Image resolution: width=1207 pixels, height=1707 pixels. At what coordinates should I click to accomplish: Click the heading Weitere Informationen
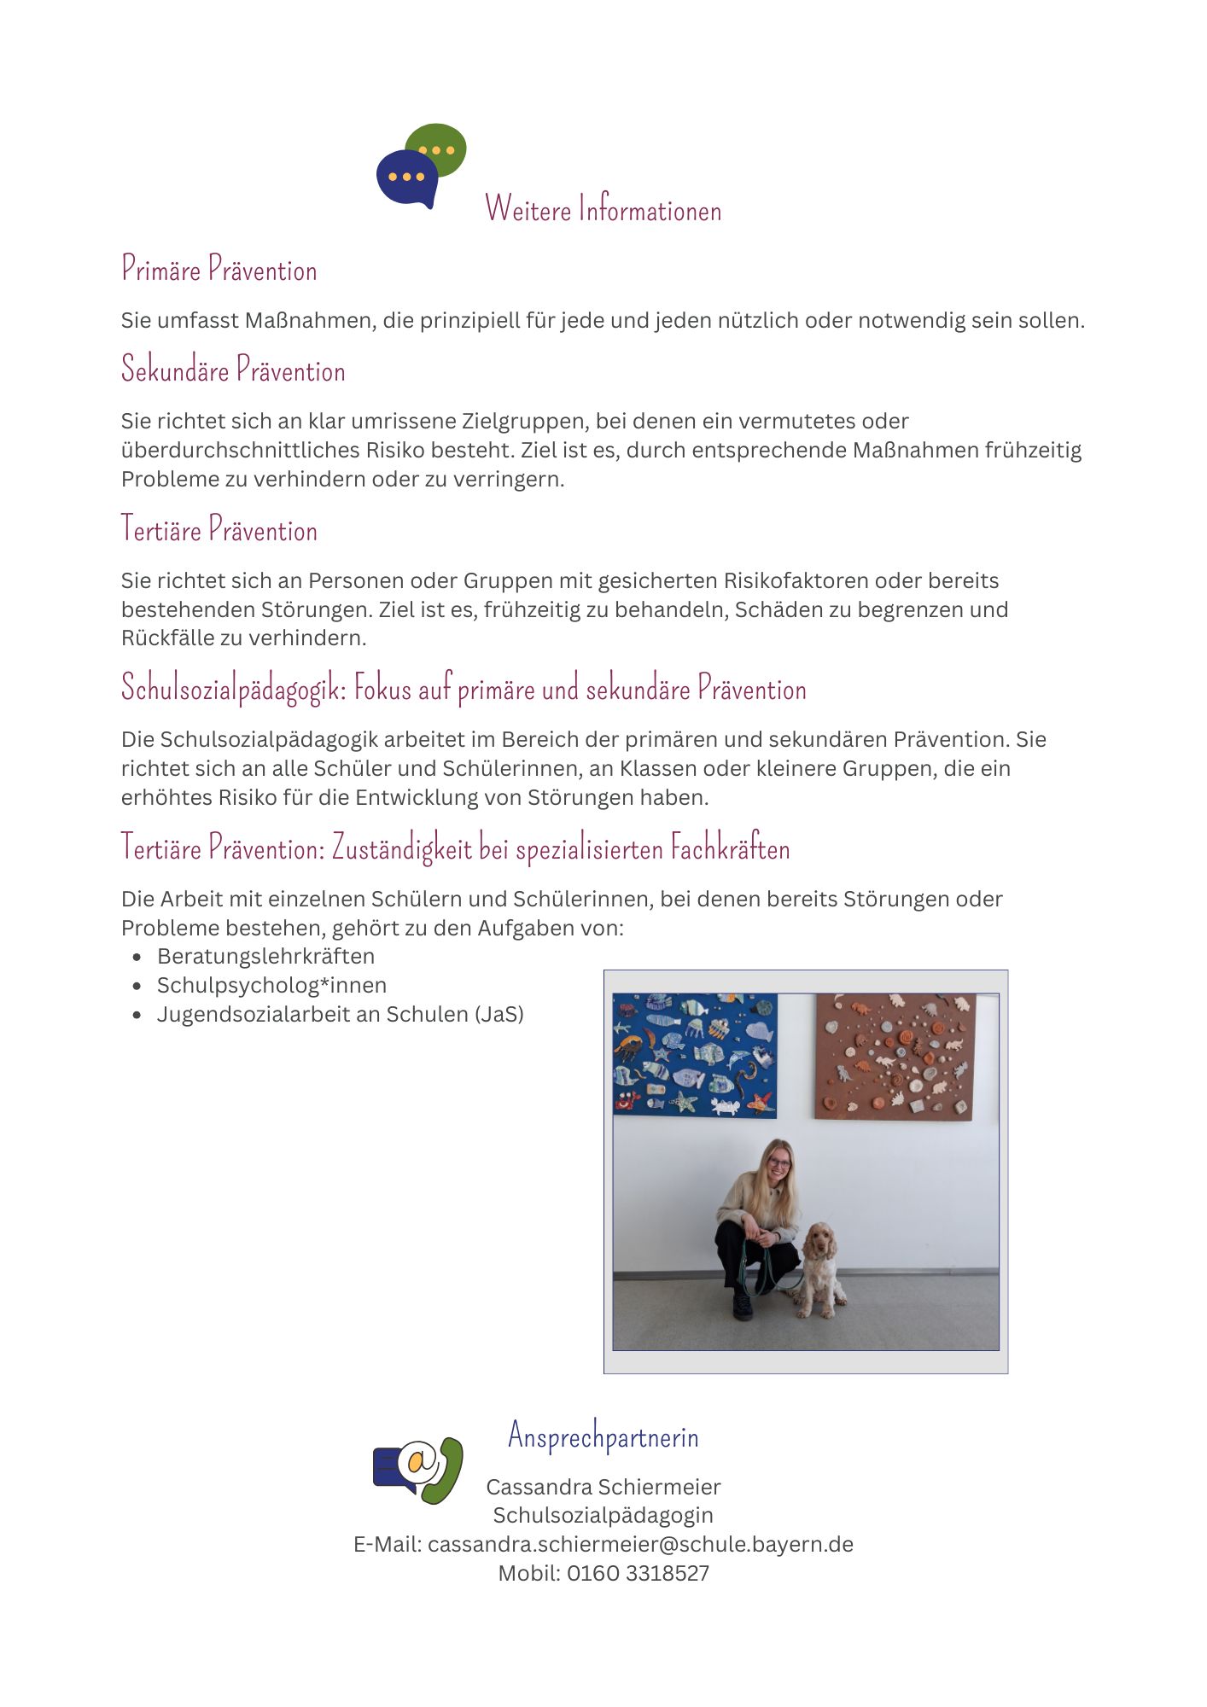point(603,209)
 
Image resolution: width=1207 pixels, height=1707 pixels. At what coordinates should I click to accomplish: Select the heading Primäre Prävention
point(219,270)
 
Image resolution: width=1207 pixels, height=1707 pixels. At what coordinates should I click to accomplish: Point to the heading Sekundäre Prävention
point(233,370)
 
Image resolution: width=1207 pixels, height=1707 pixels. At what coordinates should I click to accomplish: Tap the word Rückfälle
point(163,638)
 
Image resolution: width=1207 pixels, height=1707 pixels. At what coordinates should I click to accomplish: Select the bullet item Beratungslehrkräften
point(265,956)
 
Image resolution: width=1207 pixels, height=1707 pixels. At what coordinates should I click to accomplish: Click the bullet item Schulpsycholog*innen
point(271,985)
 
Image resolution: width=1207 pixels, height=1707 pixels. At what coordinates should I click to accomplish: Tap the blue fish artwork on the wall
point(695,1055)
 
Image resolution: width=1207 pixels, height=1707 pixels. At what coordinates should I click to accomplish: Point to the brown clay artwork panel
point(895,1056)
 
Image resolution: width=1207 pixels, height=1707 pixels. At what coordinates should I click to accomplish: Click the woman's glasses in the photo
point(778,1162)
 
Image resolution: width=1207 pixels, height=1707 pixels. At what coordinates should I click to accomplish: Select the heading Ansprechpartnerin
point(603,1436)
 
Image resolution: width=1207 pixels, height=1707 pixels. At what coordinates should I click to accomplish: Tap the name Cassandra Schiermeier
point(603,1487)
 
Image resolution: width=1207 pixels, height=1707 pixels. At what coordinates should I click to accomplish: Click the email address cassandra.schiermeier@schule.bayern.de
point(640,1544)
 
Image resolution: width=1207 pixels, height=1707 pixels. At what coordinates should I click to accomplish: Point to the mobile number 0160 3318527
point(638,1573)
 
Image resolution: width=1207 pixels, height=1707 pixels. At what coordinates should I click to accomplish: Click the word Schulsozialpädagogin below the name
point(603,1515)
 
